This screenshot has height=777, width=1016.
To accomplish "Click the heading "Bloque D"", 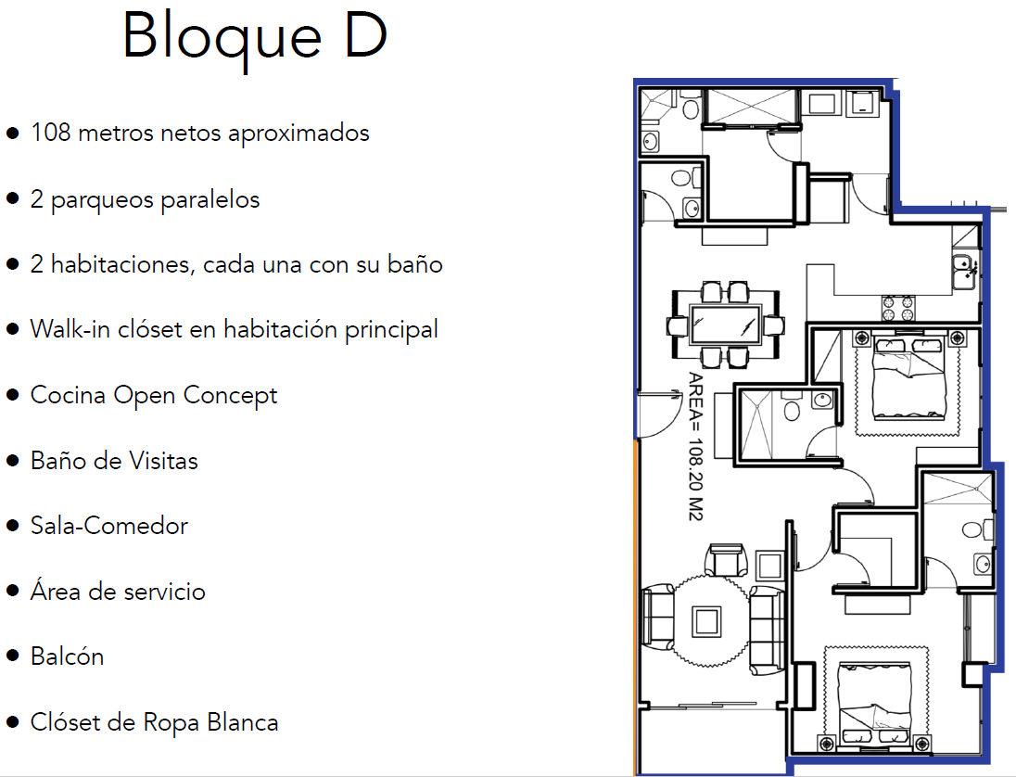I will [x=254, y=37].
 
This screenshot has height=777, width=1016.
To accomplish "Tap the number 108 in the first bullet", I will [x=51, y=133].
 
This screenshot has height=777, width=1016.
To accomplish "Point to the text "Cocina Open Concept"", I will [x=154, y=395].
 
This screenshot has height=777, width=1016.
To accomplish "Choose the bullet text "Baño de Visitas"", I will [x=114, y=461].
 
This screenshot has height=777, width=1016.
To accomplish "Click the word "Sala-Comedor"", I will [x=109, y=526].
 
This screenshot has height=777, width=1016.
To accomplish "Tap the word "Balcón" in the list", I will [x=67, y=656].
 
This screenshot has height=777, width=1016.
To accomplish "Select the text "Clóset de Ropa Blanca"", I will [x=154, y=722].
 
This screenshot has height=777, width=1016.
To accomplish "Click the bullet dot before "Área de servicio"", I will [x=12, y=592].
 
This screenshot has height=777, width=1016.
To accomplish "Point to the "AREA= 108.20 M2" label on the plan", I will [x=694, y=446].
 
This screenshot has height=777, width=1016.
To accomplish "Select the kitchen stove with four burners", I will [x=897, y=306].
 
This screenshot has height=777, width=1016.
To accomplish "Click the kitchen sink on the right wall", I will [x=964, y=269].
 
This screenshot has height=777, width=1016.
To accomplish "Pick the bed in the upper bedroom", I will [x=908, y=380].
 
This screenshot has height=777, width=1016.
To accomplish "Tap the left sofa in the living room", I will [x=659, y=619].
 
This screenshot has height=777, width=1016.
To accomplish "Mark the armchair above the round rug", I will [x=726, y=560].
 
